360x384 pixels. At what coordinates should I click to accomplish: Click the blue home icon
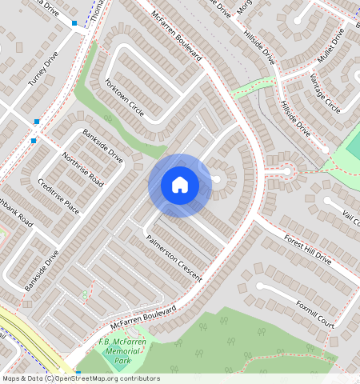point(180,185)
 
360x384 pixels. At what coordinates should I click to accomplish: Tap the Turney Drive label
point(44,70)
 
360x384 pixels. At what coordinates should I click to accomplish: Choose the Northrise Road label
point(82,168)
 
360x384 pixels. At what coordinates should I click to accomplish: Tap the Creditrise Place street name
point(59,196)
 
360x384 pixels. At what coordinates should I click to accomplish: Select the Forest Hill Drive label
point(308,249)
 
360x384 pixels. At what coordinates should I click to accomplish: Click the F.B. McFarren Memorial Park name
point(122,351)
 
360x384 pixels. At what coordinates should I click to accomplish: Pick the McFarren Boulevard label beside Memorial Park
point(142,318)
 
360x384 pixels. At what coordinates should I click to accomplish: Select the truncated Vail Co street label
point(350,217)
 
